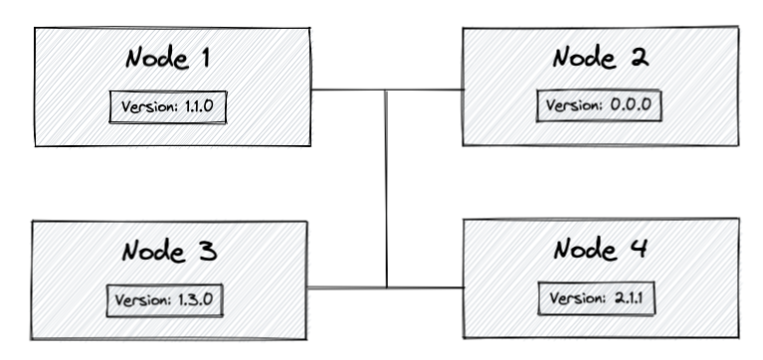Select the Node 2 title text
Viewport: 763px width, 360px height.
coord(600,59)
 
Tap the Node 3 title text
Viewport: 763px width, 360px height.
coord(168,251)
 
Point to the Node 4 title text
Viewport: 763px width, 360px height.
coord(600,251)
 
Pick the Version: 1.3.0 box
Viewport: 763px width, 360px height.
coord(168,299)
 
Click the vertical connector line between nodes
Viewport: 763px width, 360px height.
coord(386,189)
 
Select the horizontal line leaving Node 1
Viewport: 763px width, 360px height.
coord(348,90)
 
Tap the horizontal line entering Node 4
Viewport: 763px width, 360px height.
coord(426,287)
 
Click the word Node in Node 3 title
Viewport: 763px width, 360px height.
coord(151,251)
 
